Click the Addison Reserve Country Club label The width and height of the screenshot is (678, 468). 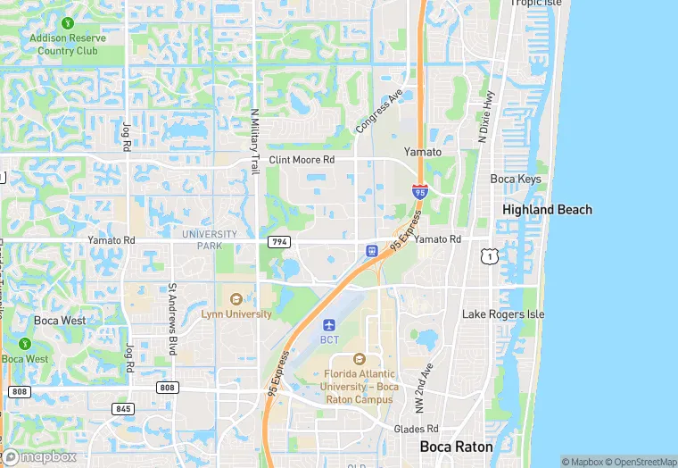tap(68, 45)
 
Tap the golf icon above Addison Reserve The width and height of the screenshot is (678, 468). tap(68, 21)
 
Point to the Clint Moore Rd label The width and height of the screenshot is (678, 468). tap(302, 160)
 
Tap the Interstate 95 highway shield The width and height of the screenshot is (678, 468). tap(420, 191)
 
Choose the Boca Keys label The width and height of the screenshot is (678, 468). tap(516, 179)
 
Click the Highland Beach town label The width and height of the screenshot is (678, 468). tap(547, 210)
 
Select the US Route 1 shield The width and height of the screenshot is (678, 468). tap(488, 257)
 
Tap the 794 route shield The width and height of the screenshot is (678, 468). tap(279, 242)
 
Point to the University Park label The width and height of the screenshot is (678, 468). tap(209, 239)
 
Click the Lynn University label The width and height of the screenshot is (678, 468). tap(236, 313)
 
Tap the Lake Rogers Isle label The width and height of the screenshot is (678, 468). tap(502, 314)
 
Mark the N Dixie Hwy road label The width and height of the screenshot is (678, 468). tap(486, 116)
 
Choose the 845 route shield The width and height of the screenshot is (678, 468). tap(123, 408)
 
